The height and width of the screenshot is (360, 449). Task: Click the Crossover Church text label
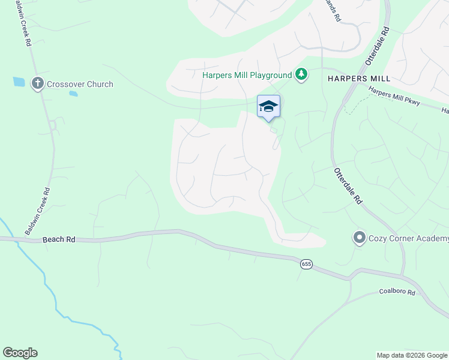[x=80, y=84]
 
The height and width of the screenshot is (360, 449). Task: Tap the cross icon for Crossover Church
[x=38, y=83]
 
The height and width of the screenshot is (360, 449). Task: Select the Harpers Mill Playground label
[x=247, y=75]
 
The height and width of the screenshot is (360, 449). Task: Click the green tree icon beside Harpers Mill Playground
[x=301, y=74]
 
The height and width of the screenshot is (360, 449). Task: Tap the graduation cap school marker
[x=268, y=107]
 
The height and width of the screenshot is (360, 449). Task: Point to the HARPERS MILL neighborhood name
[x=359, y=79]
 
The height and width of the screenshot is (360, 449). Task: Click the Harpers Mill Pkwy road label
[x=394, y=99]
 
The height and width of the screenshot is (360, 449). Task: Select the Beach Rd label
[x=59, y=239]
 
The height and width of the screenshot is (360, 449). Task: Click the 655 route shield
[x=307, y=264]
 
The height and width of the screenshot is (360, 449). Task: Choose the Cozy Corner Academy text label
[x=409, y=239]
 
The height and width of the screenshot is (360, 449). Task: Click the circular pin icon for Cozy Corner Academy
[x=360, y=238]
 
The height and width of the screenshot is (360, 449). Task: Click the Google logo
[x=20, y=352]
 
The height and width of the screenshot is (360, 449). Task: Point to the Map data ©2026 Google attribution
[x=412, y=355]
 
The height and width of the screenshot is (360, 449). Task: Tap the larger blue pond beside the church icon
[x=19, y=82]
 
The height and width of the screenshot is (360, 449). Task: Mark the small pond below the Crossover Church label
[x=73, y=94]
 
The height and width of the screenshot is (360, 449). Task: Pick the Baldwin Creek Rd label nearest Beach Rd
[x=37, y=211]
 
